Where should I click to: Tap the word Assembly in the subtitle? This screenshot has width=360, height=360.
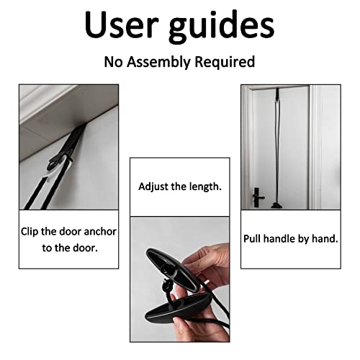[163, 62]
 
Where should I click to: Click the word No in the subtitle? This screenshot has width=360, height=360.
[114, 62]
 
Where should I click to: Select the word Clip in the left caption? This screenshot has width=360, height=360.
[33, 231]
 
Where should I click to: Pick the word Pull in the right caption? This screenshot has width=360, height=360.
[256, 238]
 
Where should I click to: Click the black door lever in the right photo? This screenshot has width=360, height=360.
[258, 195]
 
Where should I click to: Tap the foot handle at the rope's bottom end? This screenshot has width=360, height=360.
[276, 206]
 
